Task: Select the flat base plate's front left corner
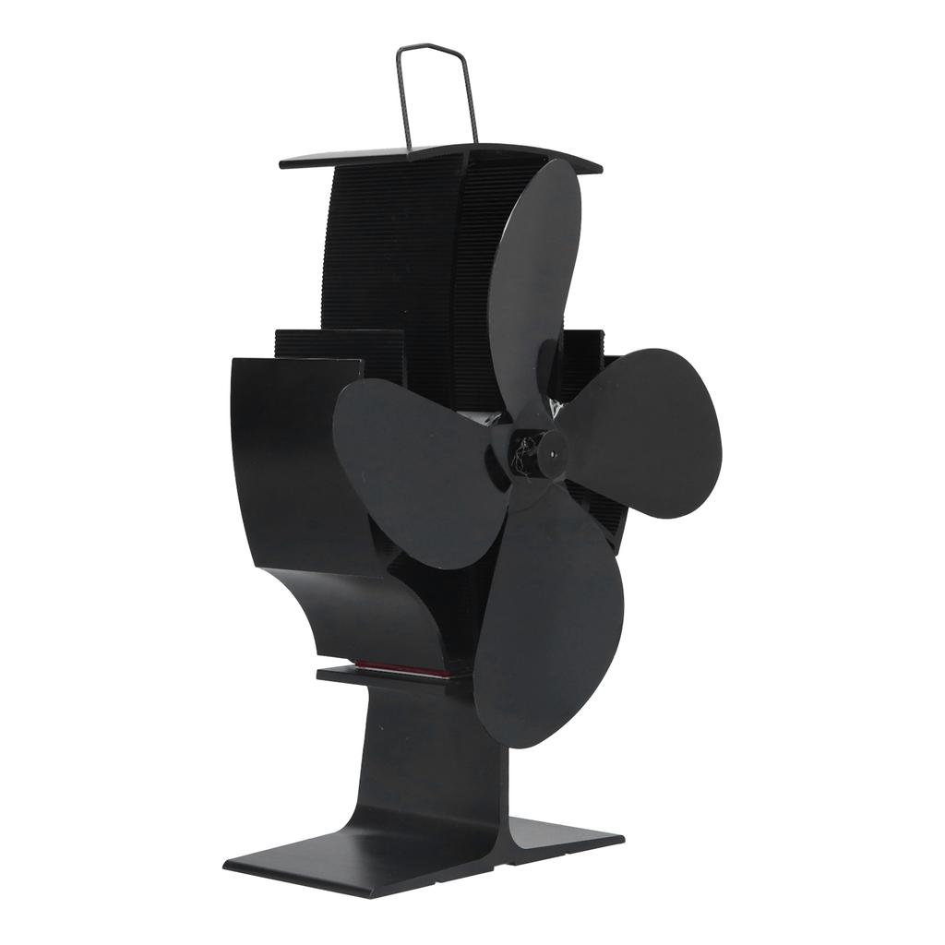tap(231, 868)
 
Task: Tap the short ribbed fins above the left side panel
tap(341, 351)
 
